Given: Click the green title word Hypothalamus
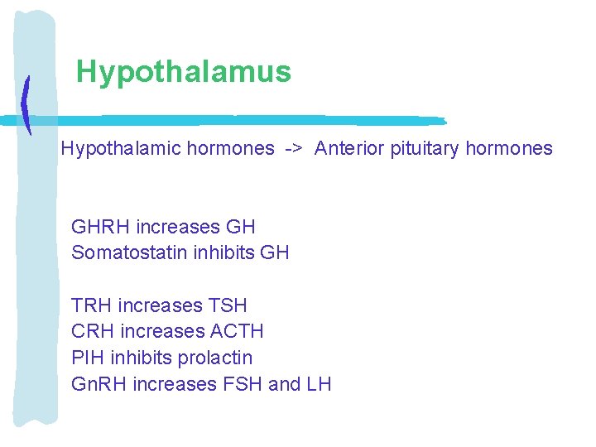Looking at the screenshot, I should pos(184,72).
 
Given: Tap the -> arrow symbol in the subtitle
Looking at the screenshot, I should pos(294,149).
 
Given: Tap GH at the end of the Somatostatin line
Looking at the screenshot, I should pos(275,253).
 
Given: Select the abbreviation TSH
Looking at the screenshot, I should pos(228,306).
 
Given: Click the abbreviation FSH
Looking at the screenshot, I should pos(240,385).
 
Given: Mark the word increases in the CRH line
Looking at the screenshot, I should pos(162,332).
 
